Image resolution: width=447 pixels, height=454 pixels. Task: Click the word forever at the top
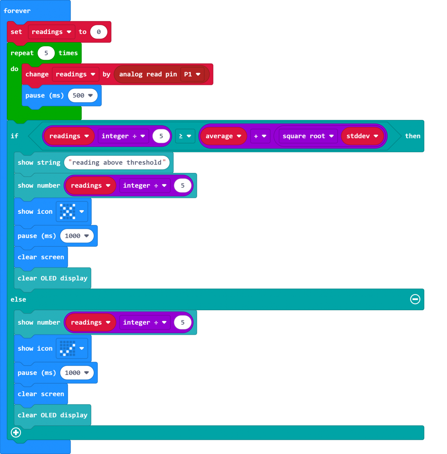(x=17, y=11)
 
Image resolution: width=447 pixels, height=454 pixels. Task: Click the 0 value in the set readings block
(x=99, y=32)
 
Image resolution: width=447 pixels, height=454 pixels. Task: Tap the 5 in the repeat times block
(x=46, y=53)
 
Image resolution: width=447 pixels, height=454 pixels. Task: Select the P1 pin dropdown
(x=192, y=74)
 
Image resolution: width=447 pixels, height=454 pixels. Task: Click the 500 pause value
(x=82, y=95)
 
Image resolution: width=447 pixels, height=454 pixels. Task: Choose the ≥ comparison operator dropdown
(x=185, y=136)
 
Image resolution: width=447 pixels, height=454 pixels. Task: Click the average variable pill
(x=223, y=136)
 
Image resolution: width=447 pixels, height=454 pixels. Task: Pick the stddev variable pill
(x=362, y=136)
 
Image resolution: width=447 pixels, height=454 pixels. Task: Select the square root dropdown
(x=308, y=136)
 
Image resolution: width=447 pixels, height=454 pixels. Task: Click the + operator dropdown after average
(x=260, y=136)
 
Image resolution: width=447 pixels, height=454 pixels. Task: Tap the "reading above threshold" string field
(x=117, y=163)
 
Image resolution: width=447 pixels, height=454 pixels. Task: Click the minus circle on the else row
(x=415, y=299)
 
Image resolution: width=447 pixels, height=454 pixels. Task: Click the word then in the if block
(x=412, y=136)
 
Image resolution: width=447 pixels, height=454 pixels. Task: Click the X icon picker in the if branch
(x=72, y=211)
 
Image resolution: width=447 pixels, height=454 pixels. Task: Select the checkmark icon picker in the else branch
(x=72, y=348)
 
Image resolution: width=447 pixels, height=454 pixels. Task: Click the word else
(x=18, y=299)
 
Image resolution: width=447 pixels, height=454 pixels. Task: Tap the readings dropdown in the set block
(x=51, y=32)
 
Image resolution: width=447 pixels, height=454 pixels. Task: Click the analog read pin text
(x=148, y=75)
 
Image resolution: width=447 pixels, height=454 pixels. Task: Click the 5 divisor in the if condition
(x=161, y=136)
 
